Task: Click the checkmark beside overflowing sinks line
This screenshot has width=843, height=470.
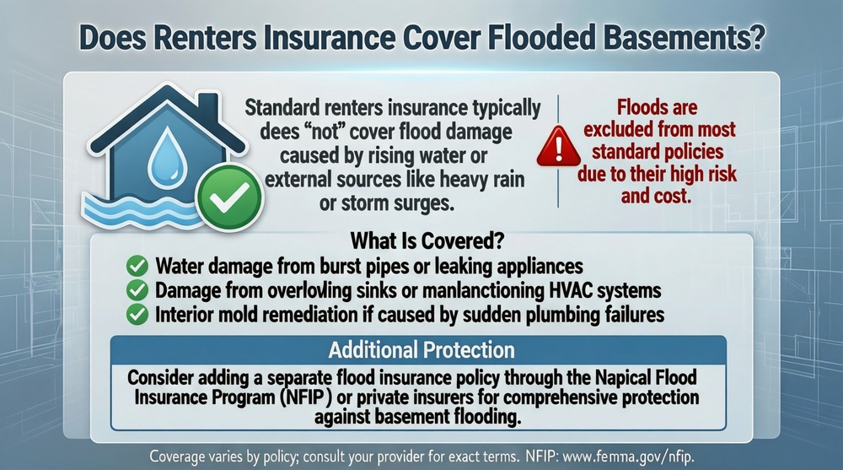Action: (137, 291)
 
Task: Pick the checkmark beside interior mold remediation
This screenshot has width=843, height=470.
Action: (137, 315)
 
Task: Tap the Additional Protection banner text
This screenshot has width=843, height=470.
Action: (421, 349)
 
